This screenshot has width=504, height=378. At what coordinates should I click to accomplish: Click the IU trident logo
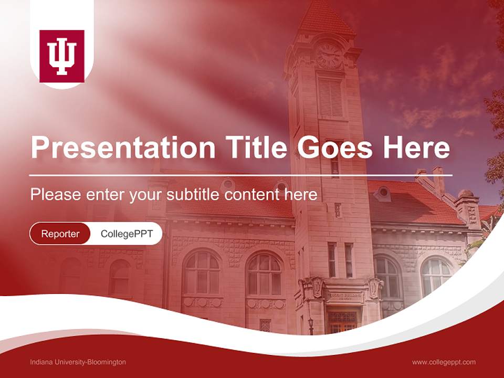click(62, 57)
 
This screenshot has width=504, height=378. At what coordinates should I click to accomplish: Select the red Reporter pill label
click(60, 234)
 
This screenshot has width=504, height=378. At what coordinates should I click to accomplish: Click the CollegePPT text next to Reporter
click(127, 234)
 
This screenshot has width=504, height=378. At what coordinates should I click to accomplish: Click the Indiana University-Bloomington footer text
click(78, 362)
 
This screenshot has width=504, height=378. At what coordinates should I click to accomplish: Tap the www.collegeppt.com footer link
click(444, 362)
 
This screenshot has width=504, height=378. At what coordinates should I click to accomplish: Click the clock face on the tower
click(329, 55)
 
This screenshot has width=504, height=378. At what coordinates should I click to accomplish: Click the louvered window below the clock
click(330, 98)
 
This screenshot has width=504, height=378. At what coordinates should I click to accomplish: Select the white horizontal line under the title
click(240, 175)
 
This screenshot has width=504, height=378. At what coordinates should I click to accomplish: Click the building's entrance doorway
click(342, 320)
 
